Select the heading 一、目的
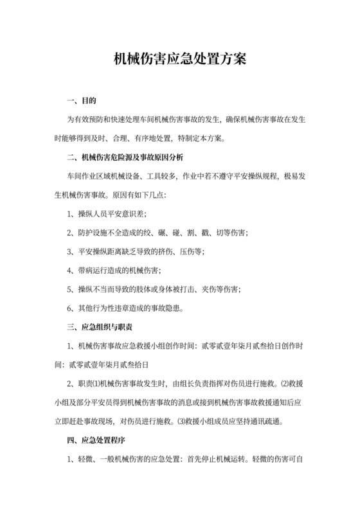point(82,101)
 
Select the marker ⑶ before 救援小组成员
point(181,421)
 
